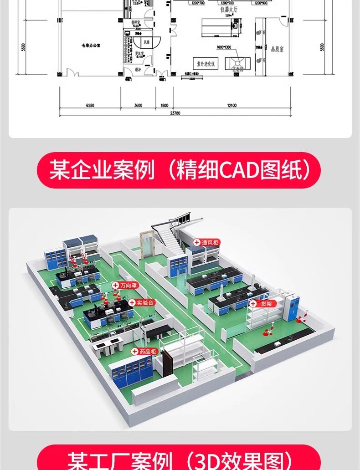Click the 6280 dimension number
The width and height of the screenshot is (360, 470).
coord(90,105)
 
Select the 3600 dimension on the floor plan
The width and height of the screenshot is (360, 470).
coord(138,105)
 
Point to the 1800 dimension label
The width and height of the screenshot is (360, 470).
coord(164,105)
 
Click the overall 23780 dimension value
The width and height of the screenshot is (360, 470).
coord(175,113)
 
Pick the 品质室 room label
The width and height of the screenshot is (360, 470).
coord(277,49)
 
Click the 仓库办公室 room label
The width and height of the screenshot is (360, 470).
coord(90,46)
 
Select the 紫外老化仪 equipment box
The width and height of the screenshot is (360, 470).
coord(206,63)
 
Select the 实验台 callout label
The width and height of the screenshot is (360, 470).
coord(145,302)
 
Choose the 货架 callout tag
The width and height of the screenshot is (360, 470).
coord(266,303)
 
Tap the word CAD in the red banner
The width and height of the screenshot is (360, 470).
coord(238,170)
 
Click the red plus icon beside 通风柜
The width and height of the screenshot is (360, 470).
coord(197,243)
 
